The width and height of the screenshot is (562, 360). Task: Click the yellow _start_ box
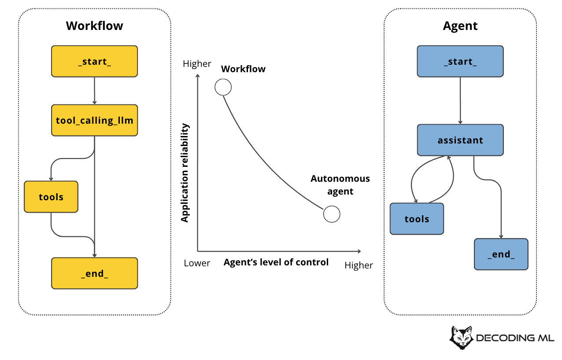click(94, 61)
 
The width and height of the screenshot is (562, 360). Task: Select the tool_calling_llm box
click(94, 120)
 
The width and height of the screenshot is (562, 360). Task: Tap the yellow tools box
click(51, 197)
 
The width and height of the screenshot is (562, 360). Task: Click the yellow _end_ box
click(94, 273)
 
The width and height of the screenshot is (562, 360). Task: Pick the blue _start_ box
click(460, 61)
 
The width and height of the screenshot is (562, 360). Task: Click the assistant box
click(460, 140)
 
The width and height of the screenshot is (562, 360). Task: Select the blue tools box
click(417, 219)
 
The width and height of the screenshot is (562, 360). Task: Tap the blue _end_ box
click(501, 254)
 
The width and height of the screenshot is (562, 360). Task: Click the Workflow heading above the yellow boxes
click(94, 26)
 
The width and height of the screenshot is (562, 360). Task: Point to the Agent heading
click(460, 26)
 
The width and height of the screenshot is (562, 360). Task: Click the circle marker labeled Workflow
click(223, 87)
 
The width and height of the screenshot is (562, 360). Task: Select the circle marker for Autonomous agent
click(332, 214)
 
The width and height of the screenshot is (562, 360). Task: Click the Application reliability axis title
click(185, 173)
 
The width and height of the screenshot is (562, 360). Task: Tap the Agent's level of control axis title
click(276, 262)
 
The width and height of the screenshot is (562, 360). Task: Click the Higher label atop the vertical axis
click(197, 64)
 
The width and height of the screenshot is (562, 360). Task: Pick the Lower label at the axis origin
click(197, 263)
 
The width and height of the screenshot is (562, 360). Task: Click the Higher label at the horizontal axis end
click(359, 265)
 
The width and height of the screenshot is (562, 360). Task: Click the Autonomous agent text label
click(340, 185)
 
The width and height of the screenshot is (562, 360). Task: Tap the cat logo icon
click(461, 338)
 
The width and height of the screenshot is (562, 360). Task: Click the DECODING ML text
click(515, 338)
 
